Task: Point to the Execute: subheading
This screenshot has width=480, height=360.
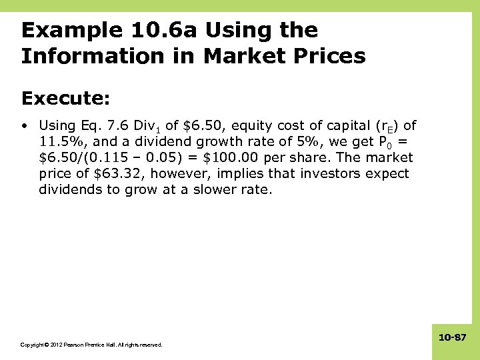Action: pyautogui.click(x=65, y=99)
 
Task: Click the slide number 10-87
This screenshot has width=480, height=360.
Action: pyautogui.click(x=453, y=339)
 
